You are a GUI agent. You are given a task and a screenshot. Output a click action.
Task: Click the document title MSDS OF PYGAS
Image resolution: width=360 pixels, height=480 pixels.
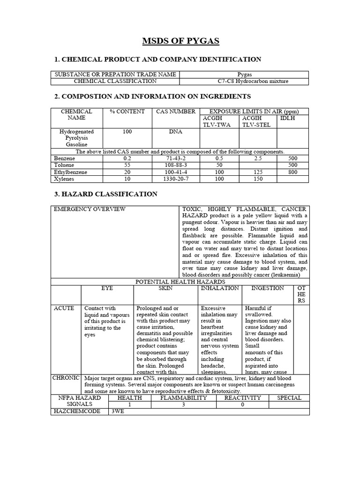tap(180, 42)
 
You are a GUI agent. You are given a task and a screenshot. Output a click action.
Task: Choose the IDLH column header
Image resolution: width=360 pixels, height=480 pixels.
tap(287, 118)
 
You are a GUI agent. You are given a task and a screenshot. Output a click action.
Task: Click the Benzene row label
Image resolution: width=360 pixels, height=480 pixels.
tap(65, 159)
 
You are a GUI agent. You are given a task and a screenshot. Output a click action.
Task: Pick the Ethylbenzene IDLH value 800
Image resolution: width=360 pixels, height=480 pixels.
tap(293, 172)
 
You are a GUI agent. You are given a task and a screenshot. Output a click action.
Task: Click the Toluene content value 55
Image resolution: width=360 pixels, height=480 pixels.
tap(127, 165)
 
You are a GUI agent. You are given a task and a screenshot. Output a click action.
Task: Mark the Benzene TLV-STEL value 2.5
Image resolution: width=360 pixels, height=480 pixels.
tap(258, 159)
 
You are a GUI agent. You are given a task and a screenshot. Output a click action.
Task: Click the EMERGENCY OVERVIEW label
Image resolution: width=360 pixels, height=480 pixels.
tap(90, 209)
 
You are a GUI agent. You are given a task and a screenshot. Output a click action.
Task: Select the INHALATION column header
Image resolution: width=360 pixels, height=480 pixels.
tap(220, 288)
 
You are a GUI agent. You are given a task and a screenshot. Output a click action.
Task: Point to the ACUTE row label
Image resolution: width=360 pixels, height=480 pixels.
tap(64, 308)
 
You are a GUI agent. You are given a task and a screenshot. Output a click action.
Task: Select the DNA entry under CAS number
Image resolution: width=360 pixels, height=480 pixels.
tap(175, 132)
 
